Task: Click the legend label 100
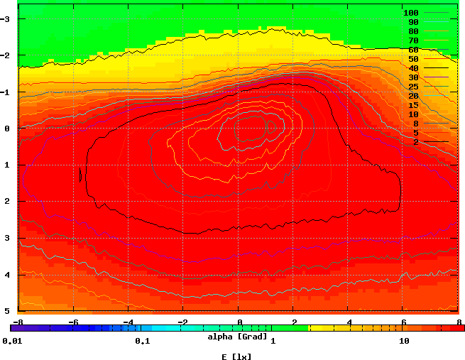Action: click(410, 13)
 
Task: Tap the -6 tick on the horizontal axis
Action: click(72, 322)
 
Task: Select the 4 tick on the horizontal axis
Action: click(349, 322)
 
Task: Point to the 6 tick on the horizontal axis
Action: click(404, 322)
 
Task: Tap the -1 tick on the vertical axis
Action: click(7, 92)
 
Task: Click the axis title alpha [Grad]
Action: click(237, 335)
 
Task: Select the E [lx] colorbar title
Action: click(236, 356)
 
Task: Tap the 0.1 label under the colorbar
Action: click(142, 341)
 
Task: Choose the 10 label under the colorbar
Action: click(404, 341)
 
